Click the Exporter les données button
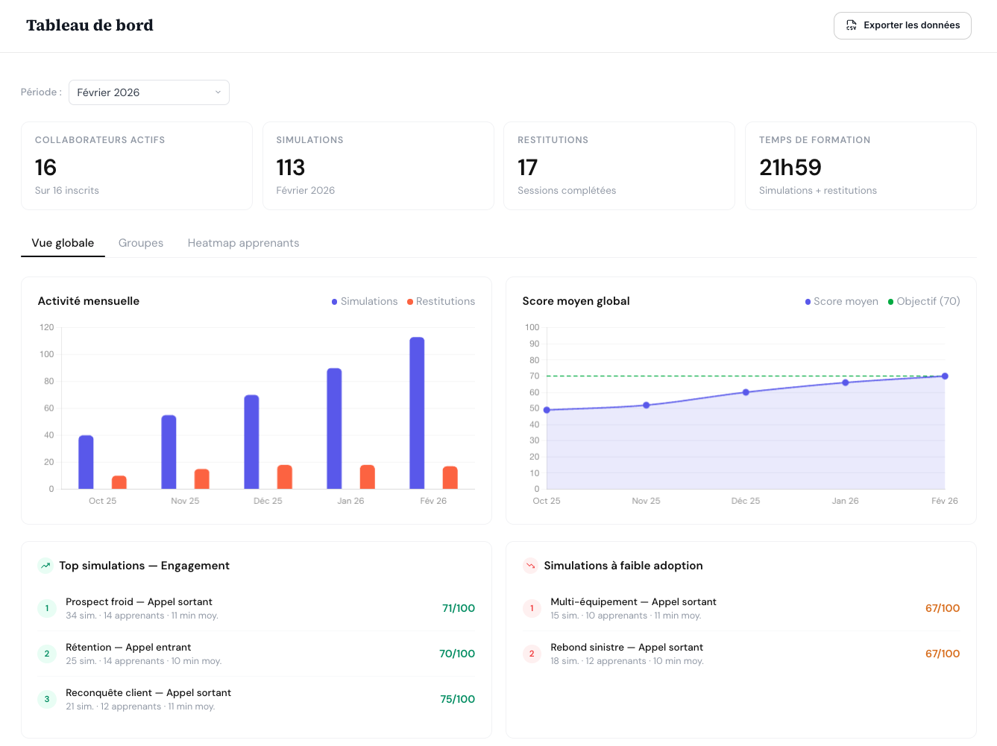[902, 25]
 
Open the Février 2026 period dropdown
[149, 92]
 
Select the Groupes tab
[141, 243]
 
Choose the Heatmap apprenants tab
[243, 243]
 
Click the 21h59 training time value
[790, 168]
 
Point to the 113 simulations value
[291, 168]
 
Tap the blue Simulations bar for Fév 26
[417, 413]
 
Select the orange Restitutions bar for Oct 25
[119, 482]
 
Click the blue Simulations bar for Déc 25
[251, 442]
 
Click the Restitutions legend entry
[441, 301]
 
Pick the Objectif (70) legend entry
[924, 301]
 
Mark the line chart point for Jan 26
[845, 383]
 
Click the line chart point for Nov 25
[646, 405]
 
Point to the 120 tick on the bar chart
[47, 327]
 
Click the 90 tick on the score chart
[534, 344]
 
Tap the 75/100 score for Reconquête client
[457, 699]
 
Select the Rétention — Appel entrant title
[128, 647]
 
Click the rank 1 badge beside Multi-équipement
[532, 608]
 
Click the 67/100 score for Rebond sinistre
[942, 654]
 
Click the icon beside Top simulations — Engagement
[45, 566]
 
